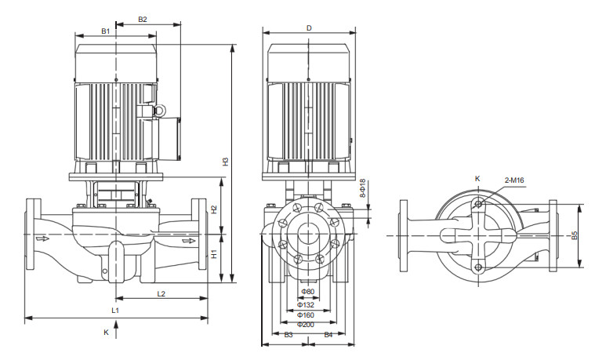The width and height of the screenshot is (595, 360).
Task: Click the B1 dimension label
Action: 106,31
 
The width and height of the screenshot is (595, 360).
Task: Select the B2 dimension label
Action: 142,18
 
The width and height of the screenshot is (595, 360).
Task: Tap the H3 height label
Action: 225,162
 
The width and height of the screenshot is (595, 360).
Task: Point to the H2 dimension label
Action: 214,209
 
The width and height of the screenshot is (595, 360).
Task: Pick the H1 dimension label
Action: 214,254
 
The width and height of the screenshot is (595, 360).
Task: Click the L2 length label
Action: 161,293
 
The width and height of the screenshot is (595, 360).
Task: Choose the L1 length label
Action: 115,311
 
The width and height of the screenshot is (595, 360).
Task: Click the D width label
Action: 309,28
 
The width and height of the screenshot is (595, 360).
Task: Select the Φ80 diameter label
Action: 308,293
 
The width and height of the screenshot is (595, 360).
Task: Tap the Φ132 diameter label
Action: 307,304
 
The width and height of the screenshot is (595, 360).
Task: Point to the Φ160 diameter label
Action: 307,314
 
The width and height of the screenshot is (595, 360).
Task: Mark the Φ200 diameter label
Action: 307,324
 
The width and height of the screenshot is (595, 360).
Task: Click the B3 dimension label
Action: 288,335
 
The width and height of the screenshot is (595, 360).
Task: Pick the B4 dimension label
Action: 328,335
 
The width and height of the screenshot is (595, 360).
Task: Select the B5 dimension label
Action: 575,235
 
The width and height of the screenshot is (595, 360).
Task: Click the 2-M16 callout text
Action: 514,180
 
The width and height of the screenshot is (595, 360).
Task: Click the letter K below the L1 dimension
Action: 106,332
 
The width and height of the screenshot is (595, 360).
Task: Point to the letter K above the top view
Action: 477,179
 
